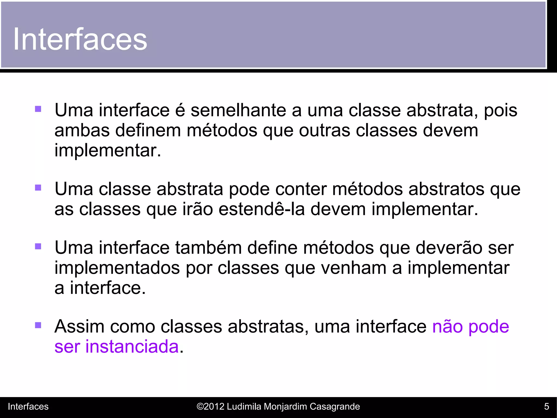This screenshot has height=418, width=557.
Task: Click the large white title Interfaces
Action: pyautogui.click(x=80, y=39)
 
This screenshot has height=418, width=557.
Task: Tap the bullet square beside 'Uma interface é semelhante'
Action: pyautogui.click(x=38, y=109)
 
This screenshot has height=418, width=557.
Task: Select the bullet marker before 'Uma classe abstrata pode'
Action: pyautogui.click(x=38, y=188)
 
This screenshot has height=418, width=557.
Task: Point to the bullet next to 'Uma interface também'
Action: pyautogui.click(x=38, y=247)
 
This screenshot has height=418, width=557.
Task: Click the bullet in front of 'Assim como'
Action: pyautogui.click(x=38, y=325)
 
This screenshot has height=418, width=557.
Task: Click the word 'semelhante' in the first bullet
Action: pyautogui.click(x=238, y=110)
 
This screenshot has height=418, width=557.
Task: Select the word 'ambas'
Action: pyautogui.click(x=82, y=130)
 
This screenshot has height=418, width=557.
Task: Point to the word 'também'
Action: pyautogui.click(x=208, y=248)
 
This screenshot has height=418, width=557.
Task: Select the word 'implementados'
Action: pyautogui.click(x=117, y=268)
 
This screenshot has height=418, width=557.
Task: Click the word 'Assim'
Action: pyautogui.click(x=79, y=326)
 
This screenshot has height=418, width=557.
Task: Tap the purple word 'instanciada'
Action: pyautogui.click(x=132, y=346)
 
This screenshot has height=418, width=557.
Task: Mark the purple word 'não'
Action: pyautogui.click(x=447, y=326)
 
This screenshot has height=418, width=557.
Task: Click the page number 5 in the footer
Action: pyautogui.click(x=546, y=407)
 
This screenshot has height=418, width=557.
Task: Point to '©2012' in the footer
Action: pyautogui.click(x=211, y=407)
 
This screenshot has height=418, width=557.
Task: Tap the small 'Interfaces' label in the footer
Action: pyautogui.click(x=28, y=407)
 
